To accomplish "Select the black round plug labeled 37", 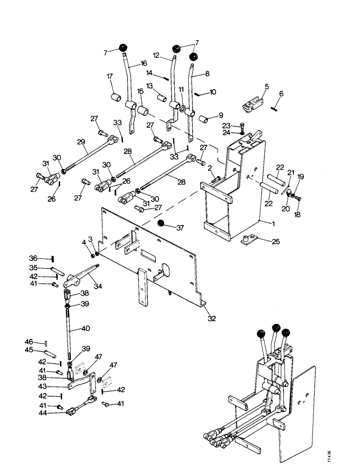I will (161, 223).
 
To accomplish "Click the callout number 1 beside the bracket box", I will (274, 223).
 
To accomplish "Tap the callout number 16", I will (143, 63).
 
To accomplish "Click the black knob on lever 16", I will (123, 48).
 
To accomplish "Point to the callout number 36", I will (33, 258).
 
